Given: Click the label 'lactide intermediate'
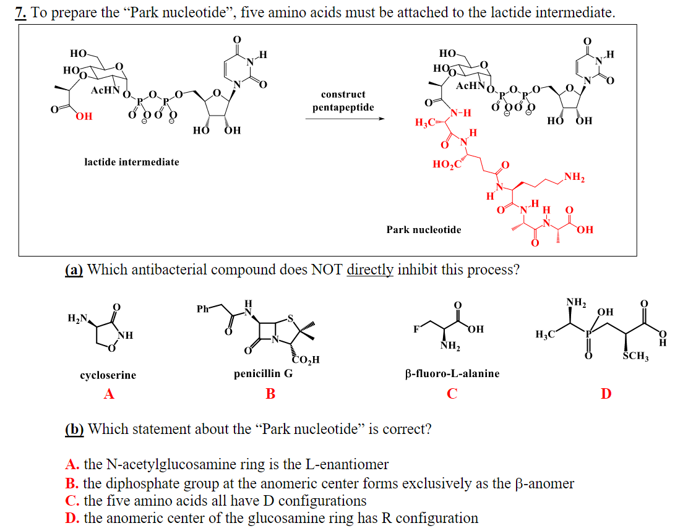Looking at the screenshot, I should tap(131, 162).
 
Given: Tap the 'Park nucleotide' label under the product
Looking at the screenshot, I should tap(423, 230).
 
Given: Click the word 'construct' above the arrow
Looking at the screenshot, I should tap(343, 95).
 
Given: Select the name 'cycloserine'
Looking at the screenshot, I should tap(108, 375).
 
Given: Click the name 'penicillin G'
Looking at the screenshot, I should tap(263, 374).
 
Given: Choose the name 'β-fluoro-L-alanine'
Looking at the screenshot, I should tap(452, 374).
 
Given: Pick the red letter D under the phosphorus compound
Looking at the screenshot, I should tap(606, 393).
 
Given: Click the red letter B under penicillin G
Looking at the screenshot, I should tap(270, 393).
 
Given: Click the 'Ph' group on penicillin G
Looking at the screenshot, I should tap(202, 308).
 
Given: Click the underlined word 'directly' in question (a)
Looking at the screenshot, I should tap(371, 270).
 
